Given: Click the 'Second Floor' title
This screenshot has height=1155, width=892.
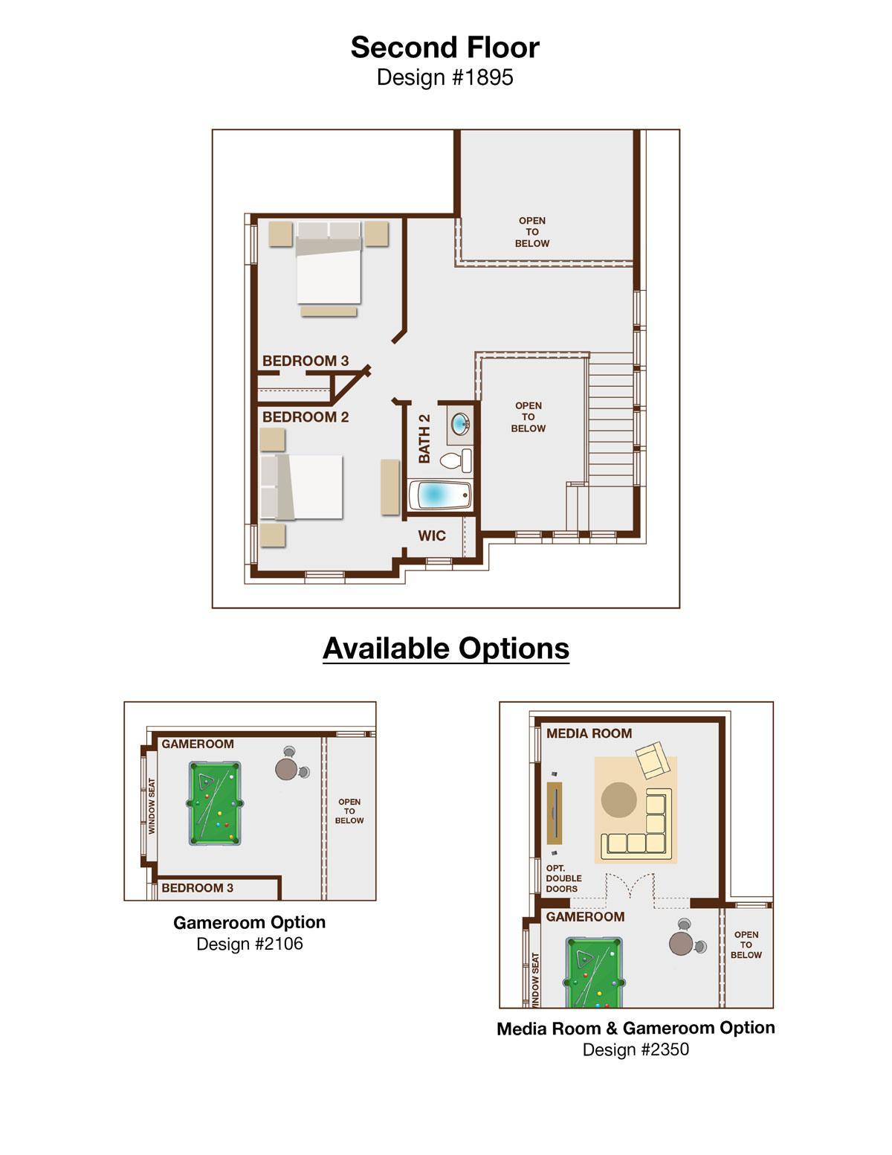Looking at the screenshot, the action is click(x=445, y=48).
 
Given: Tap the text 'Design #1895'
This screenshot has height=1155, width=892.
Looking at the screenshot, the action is click(x=445, y=77).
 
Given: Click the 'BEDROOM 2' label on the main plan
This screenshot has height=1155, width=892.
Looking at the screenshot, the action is click(x=306, y=417).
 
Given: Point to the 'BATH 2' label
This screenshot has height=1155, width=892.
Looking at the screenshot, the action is click(x=424, y=439).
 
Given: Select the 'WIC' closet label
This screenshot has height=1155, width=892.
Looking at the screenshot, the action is click(x=431, y=535).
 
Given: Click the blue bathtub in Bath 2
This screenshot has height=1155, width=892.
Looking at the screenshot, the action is click(x=440, y=495).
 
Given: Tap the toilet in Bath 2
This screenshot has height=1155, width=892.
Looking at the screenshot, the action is click(x=456, y=460).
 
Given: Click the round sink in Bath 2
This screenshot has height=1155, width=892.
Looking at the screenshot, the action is click(x=460, y=424).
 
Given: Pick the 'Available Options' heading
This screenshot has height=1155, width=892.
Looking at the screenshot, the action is click(x=446, y=649).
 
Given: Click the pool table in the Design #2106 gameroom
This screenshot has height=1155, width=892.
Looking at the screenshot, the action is click(x=215, y=804).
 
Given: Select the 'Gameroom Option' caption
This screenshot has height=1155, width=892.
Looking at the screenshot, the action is click(x=249, y=922).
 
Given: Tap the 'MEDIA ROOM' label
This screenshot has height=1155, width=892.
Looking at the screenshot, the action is click(x=589, y=733).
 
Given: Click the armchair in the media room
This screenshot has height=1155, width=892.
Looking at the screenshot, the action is click(x=653, y=760).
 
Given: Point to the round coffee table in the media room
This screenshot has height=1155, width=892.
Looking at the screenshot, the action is click(x=619, y=800).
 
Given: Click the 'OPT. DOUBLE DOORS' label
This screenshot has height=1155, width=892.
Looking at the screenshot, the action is click(x=563, y=878).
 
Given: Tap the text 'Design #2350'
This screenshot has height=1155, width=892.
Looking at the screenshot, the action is click(x=636, y=1049).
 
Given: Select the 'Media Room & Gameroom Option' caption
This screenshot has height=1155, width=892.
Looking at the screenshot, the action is click(x=636, y=1029).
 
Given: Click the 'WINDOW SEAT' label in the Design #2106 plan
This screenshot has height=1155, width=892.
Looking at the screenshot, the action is click(x=152, y=806).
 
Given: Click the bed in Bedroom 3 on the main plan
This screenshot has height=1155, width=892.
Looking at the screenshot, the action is click(x=329, y=263).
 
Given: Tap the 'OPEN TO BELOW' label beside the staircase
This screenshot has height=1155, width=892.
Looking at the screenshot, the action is click(x=528, y=416).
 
